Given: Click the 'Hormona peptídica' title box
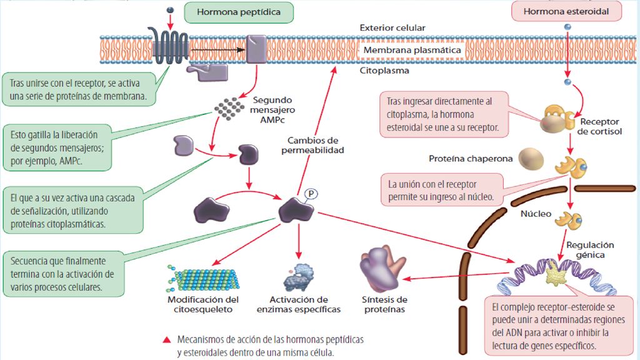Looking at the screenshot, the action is coord(239,12).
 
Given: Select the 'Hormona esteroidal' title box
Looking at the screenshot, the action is coord(566,11).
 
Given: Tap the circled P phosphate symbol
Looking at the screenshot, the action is coord(311,194).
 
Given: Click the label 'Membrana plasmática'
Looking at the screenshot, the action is coord(412,50).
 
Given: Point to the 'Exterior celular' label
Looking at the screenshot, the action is coord(392,27).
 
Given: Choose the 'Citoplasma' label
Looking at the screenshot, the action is coord(384,71).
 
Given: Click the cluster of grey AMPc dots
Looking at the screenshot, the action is coord(229,109).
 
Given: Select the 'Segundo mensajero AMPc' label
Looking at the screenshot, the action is coord(272,110).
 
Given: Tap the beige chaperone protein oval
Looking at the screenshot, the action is coord(531,159).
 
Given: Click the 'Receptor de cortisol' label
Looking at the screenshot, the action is coord(599,126).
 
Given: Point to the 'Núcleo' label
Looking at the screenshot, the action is coord(536,214).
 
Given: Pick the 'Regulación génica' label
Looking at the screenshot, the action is coord(590,250).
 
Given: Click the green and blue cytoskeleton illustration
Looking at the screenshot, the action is coord(203,278).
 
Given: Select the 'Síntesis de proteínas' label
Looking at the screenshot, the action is coord(384,304).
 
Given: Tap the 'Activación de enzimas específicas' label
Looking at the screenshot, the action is coord(298,304).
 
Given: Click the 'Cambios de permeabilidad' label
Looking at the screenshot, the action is coord(312,145).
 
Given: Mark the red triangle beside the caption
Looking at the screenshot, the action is coord(166,339).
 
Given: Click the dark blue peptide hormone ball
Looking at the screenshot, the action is coord(170,10).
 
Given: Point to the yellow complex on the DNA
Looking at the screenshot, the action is coord(555,273).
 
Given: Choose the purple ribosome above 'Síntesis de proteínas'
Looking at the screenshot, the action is coord(382,268).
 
